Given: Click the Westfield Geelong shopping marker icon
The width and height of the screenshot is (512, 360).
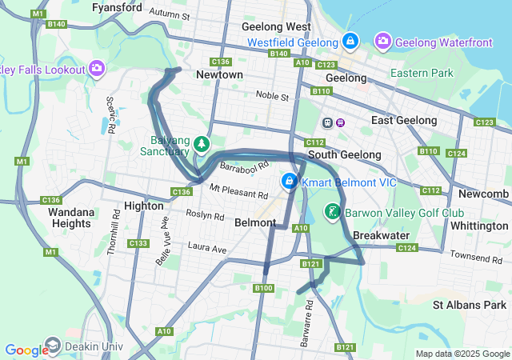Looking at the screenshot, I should (350, 40).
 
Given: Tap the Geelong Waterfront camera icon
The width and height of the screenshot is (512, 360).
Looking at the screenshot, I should (382, 40).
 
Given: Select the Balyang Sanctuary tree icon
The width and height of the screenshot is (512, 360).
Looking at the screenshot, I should (203, 143).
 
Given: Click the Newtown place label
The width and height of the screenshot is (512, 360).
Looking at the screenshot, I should (219, 74).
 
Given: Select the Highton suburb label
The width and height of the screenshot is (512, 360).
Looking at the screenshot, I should (144, 206).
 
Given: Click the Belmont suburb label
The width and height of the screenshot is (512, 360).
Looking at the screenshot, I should (255, 223).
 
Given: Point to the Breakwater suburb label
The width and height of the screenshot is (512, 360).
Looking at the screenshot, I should (382, 235).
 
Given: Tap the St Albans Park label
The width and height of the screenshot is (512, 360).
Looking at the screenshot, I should (469, 305).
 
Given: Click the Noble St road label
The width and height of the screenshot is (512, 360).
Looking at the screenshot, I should (272, 96).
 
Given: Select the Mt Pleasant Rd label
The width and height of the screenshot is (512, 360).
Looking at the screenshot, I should (238, 192).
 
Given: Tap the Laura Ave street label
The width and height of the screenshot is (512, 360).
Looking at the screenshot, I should (207, 250).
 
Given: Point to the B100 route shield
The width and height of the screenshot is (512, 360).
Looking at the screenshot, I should (263, 288).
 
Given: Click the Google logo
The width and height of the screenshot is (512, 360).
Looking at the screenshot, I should (26, 350).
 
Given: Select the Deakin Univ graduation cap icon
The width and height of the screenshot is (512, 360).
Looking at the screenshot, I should (53, 345).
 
